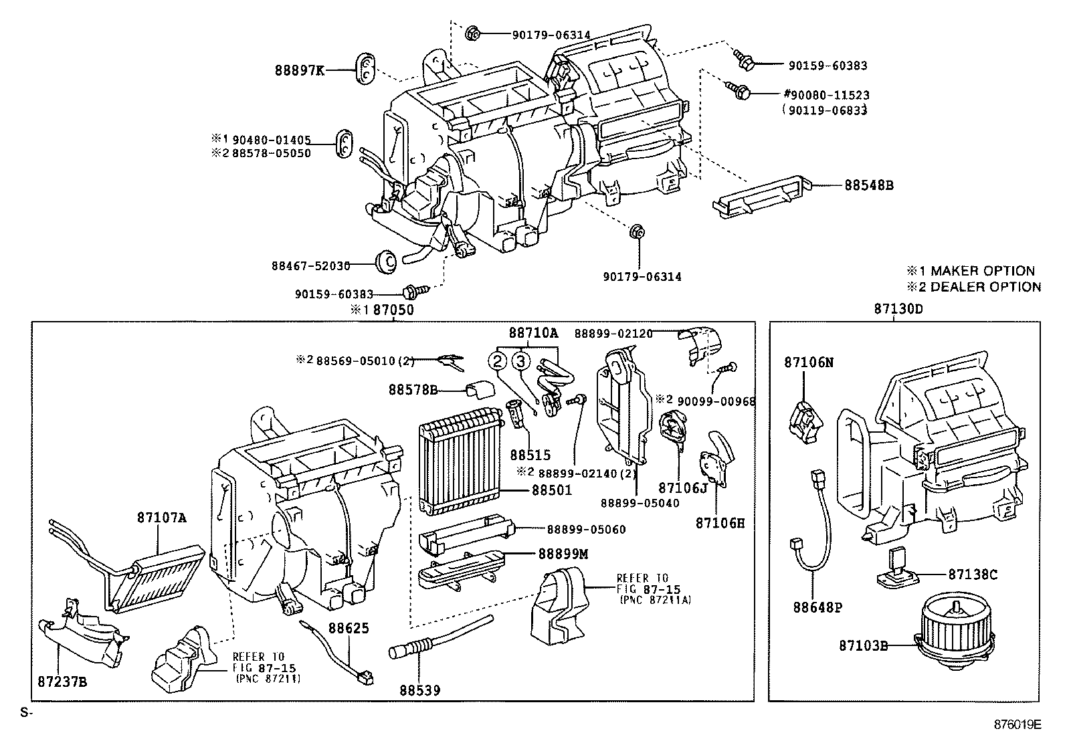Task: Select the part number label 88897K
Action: click(298, 70)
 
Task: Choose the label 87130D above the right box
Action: click(898, 309)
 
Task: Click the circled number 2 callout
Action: click(498, 362)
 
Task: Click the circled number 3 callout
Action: click(522, 362)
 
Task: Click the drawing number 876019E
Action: click(1018, 724)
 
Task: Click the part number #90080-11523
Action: click(826, 96)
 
